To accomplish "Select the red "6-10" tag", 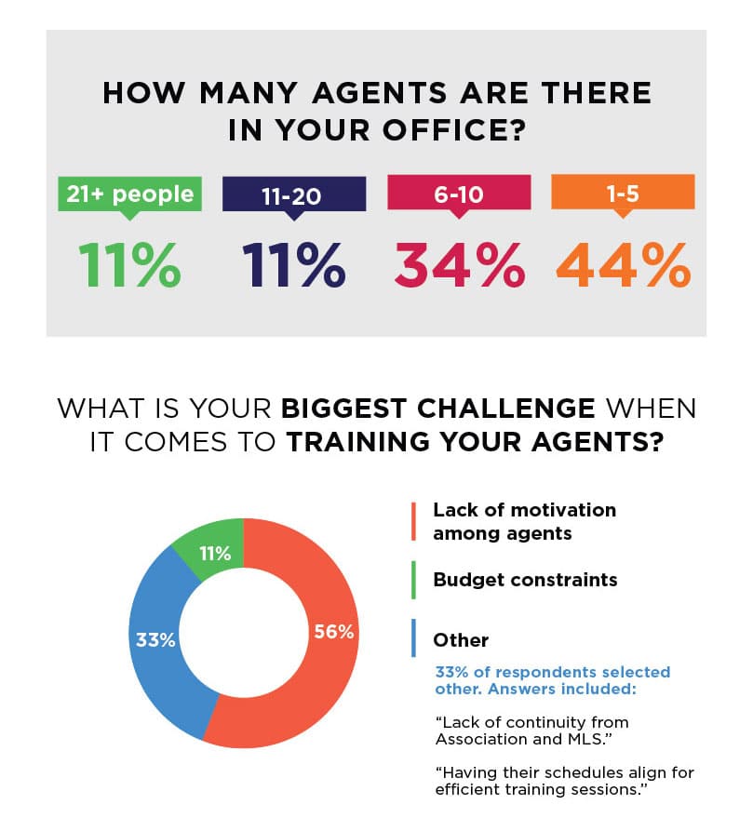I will (458, 194).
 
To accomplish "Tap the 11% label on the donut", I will (215, 555).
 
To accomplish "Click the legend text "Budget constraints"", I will (525, 580).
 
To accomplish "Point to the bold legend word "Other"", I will (461, 640).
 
